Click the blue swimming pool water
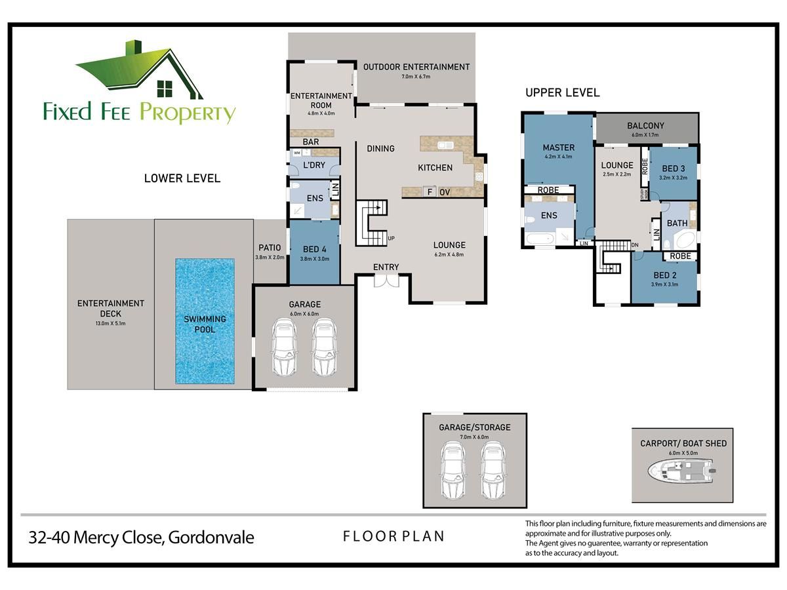click(205, 321)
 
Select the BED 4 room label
click(314, 249)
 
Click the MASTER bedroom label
click(558, 147)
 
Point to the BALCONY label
click(645, 125)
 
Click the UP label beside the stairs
click(391, 238)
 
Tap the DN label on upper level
click(635, 245)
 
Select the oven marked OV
click(445, 192)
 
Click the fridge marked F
click(430, 192)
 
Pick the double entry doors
click(386, 281)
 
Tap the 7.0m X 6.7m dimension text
click(416, 76)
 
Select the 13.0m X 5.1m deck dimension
click(110, 323)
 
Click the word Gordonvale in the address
click(211, 538)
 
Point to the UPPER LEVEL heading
click(562, 92)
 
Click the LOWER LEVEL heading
click(182, 178)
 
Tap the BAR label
click(310, 142)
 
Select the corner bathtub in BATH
click(685, 241)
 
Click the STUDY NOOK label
click(644, 194)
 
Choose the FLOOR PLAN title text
click(393, 536)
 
